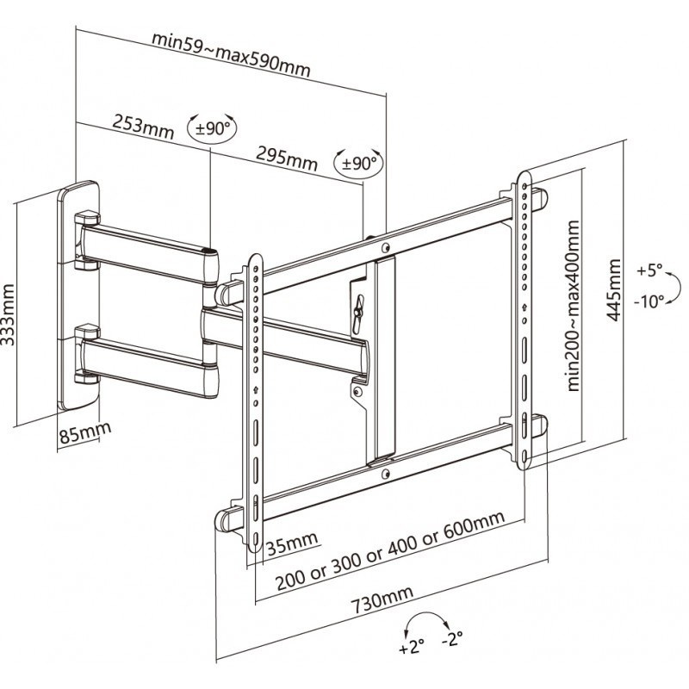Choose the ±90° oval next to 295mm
point(359,162)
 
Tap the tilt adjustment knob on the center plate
point(357,307)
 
